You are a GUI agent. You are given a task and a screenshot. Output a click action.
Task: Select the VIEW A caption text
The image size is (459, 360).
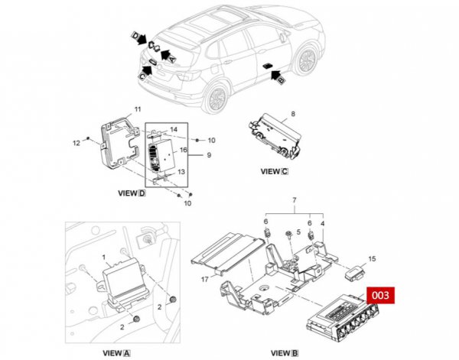coord(116,353)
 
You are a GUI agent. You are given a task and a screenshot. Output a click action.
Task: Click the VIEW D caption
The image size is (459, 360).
coord(129,195)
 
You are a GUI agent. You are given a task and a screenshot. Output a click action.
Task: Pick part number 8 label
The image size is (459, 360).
coord(291,113)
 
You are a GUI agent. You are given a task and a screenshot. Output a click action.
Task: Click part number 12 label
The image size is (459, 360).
coord(76,143)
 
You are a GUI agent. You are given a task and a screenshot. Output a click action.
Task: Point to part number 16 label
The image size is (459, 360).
coord(183,151)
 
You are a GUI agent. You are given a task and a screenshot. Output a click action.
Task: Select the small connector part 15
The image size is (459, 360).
coord(355,270)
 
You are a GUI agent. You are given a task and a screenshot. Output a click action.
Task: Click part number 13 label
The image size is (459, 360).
coord(181,172)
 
